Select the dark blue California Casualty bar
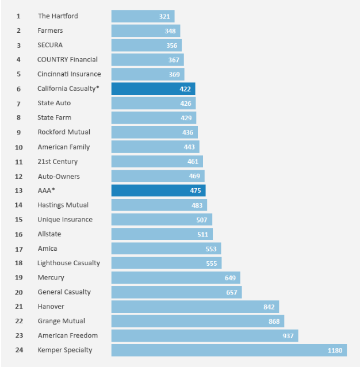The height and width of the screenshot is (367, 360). coord(153,89)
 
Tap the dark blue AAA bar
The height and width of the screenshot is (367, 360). coord(158,190)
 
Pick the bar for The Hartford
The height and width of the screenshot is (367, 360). coord(143,16)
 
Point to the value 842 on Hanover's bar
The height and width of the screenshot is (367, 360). coord(269,307)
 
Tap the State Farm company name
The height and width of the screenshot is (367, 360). coord(54,117)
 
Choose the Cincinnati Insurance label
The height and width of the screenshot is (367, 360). coord(69,74)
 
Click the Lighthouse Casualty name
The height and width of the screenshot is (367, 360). coord(68,263)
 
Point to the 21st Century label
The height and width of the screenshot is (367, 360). coord(58,162)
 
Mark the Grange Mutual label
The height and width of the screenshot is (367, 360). coord(61,321)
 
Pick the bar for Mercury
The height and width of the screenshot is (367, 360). coord(175,277)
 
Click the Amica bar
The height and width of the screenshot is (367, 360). coord(166,249)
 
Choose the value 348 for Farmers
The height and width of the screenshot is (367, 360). coord(170,30)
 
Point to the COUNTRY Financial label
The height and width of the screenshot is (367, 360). coord(67,59)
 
